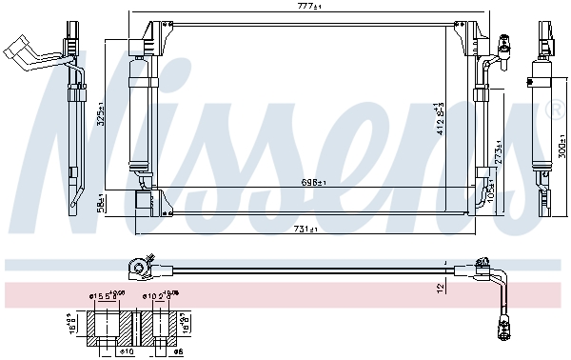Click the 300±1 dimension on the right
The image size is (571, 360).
point(561,143)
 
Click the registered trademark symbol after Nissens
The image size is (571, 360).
point(555,111)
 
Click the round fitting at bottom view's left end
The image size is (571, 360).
point(141,264)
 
